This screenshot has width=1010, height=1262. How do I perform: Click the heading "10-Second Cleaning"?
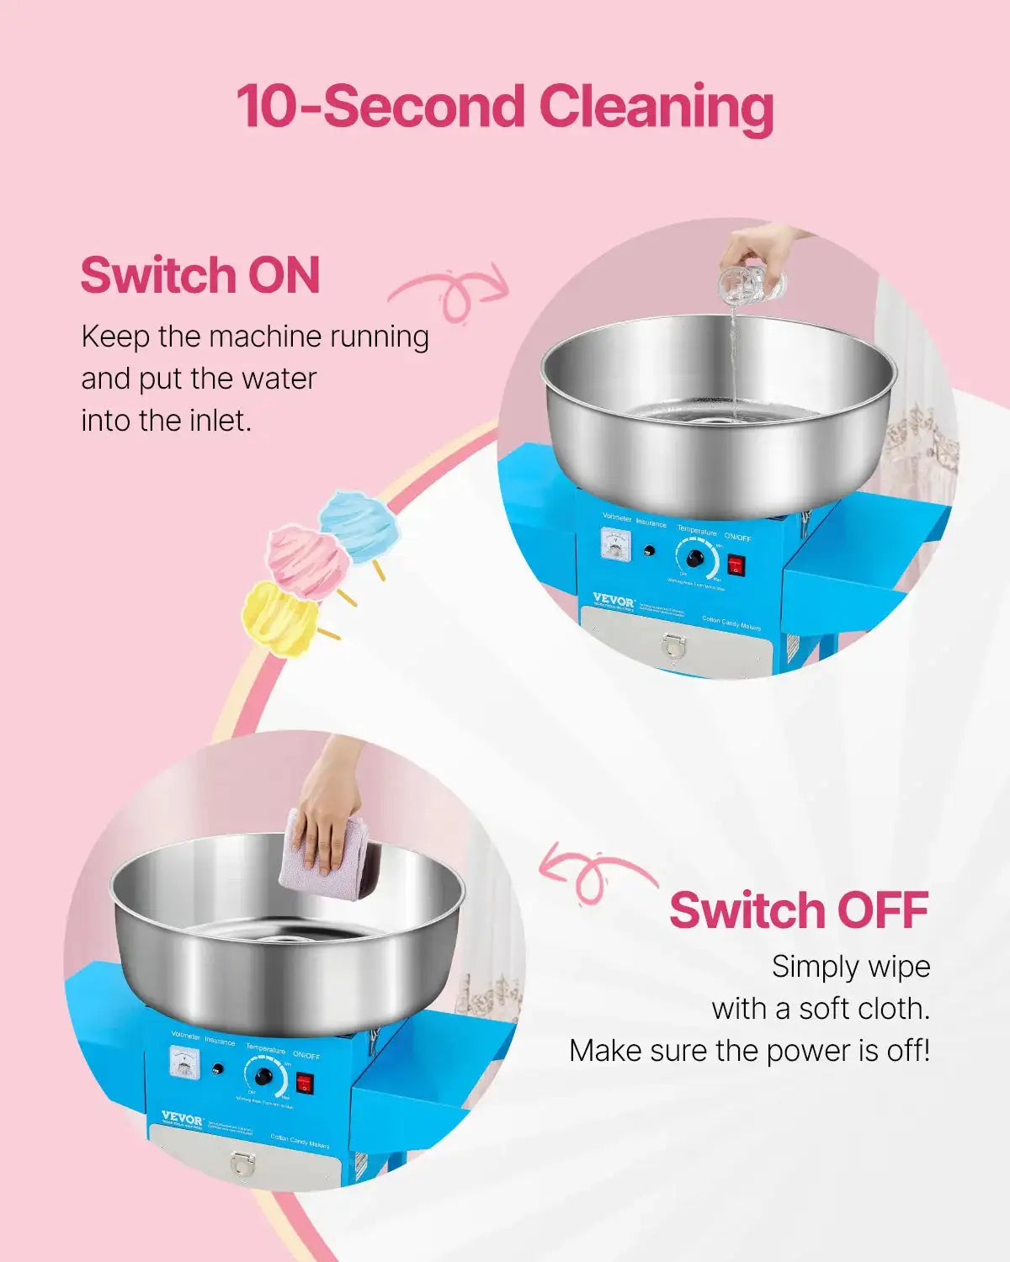point(504,108)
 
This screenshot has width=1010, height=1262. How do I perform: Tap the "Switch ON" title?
point(200,275)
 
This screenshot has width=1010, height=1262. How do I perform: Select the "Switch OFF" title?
point(799,910)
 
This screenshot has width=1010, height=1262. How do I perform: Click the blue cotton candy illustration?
point(360,526)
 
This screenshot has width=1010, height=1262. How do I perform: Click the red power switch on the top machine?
point(736,564)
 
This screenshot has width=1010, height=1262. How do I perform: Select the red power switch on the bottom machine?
point(305,1084)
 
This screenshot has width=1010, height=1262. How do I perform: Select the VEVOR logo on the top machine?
point(614,601)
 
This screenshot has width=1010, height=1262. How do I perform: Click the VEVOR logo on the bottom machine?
point(182,1119)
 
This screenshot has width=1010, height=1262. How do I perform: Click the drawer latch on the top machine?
point(674,644)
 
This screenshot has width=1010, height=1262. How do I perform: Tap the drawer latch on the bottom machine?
point(242,1164)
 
